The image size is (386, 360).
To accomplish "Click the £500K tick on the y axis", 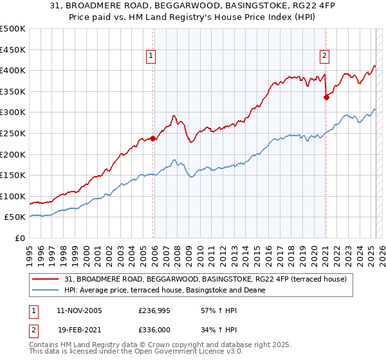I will pyautogui.click(x=13, y=29).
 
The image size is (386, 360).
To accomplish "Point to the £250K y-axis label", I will pyautogui.click(x=13, y=133).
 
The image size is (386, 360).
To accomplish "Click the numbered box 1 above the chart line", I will pyautogui.click(x=151, y=56).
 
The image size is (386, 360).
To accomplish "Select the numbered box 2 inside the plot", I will pyautogui.click(x=324, y=56).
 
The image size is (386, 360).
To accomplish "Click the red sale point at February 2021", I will pyautogui.click(x=326, y=98).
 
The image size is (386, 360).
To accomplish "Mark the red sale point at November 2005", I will pyautogui.click(x=153, y=138).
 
